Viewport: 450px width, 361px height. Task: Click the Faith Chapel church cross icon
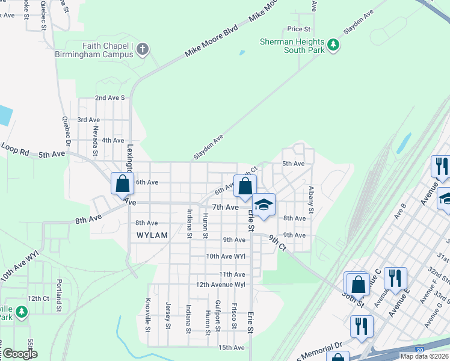click(x=143, y=49)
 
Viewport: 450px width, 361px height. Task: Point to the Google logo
click(x=20, y=354)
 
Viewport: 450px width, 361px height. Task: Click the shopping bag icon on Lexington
click(x=122, y=183)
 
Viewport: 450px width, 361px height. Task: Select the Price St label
click(x=298, y=29)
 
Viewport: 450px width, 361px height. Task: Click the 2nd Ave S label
click(x=109, y=97)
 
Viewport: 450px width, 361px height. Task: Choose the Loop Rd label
click(x=15, y=147)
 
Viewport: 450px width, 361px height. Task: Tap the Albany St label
click(x=311, y=199)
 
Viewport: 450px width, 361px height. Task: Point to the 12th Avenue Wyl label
click(x=221, y=284)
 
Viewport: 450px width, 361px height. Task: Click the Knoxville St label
click(x=147, y=315)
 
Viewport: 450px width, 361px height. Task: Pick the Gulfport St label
click(x=218, y=315)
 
